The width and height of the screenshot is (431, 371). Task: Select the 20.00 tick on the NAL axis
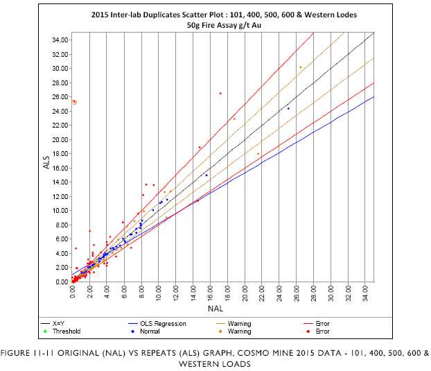pyautogui.click(x=245, y=294)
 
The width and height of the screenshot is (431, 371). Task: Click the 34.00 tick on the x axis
pyautogui.click(x=366, y=294)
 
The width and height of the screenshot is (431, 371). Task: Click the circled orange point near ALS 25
pyautogui.click(x=74, y=102)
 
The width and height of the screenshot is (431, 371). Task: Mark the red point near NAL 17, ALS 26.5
pyautogui.click(x=220, y=93)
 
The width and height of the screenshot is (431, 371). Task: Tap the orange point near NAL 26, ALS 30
pyautogui.click(x=300, y=67)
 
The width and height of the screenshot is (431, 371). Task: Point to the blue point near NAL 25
pyautogui.click(x=288, y=108)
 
